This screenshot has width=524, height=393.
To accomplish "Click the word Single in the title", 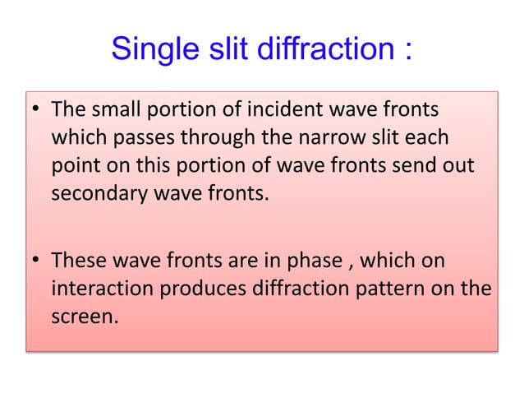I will coord(152,51).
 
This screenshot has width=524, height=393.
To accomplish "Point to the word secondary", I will coord(93,193).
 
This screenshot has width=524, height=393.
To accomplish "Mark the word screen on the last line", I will coord(82,319).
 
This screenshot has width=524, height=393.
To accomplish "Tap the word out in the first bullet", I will coord(461,165).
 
